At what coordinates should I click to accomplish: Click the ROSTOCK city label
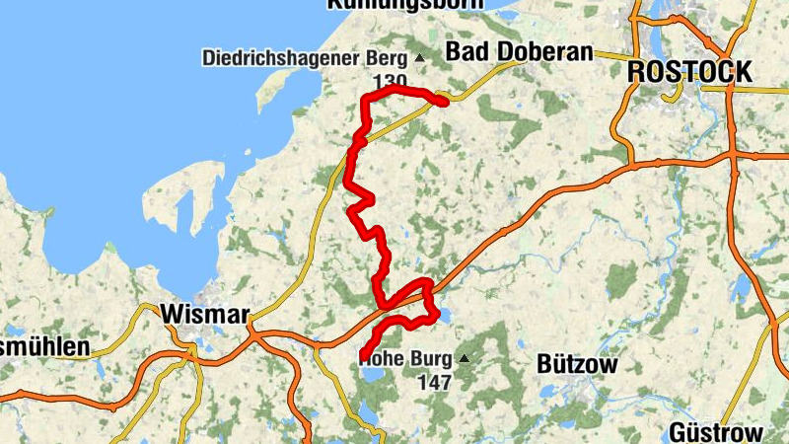[x=689, y=72]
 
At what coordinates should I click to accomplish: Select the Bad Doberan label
[x=519, y=52]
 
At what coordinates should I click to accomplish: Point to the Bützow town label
[x=577, y=364]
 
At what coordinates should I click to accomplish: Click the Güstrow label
[x=716, y=432]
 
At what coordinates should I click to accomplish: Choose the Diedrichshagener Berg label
[x=305, y=57]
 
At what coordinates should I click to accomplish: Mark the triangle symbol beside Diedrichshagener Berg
[x=419, y=57]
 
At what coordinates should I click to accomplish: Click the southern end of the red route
[x=364, y=355]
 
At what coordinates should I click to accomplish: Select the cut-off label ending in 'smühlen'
[x=43, y=347]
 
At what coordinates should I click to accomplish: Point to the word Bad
[x=465, y=52]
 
